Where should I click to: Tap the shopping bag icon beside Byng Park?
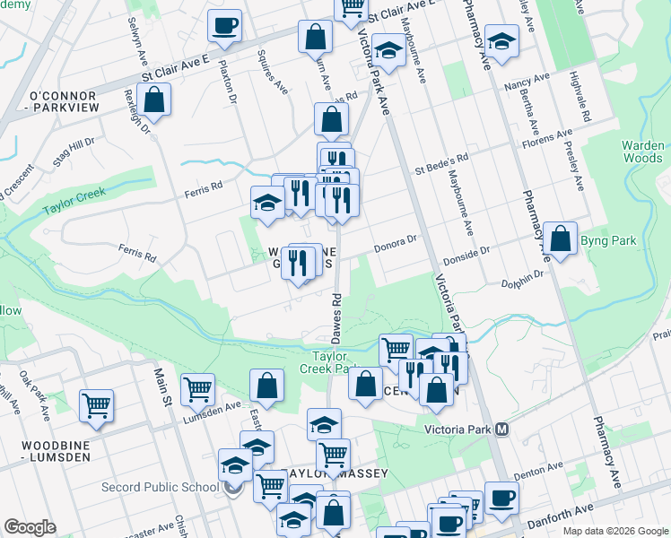click(561, 239)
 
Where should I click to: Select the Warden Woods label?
click(643, 152)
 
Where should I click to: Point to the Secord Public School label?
click(170, 487)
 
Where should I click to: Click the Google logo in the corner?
click(30, 527)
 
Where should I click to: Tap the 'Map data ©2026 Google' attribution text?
click(615, 531)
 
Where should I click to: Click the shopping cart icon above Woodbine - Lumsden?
click(96, 405)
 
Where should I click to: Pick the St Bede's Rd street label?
click(440, 164)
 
